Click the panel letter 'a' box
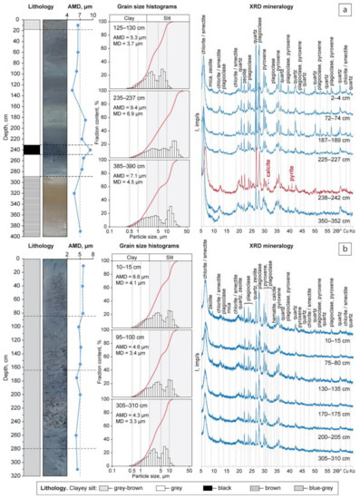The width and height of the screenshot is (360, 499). (x=347, y=9)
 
